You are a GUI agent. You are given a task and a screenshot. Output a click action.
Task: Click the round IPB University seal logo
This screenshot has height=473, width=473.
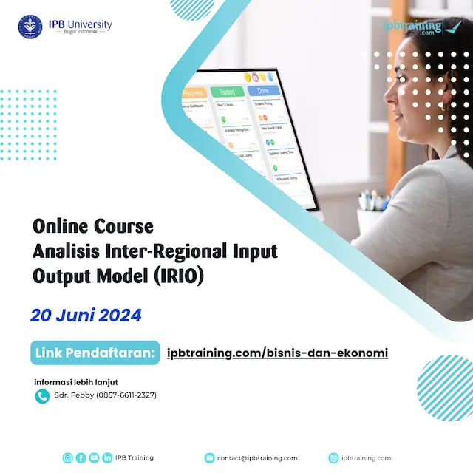click(x=30, y=27)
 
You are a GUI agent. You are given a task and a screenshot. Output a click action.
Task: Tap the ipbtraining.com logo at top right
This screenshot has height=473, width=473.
click(x=422, y=27)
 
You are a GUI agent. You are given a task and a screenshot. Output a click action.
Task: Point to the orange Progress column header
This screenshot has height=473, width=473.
click(x=191, y=94)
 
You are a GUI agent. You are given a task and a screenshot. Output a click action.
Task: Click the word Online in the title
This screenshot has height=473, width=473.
click(x=62, y=225)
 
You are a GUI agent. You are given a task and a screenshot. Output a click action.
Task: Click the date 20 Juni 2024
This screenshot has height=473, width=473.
click(x=86, y=315)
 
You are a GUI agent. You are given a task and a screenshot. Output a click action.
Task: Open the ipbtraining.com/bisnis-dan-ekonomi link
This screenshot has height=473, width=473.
click(x=278, y=353)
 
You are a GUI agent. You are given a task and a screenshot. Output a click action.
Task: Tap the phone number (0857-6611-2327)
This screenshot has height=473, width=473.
click(x=126, y=395)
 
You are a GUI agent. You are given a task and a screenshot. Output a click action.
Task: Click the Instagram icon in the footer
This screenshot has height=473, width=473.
click(x=68, y=458)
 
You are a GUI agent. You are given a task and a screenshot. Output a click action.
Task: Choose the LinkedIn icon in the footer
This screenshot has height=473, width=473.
click(x=107, y=458)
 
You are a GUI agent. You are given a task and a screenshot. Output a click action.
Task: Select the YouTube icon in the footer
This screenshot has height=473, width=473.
click(x=94, y=458)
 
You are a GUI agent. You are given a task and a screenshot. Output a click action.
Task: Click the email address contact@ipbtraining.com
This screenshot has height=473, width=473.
click(x=257, y=458)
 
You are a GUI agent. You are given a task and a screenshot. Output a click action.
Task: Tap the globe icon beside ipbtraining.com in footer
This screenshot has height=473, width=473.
click(x=333, y=458)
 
